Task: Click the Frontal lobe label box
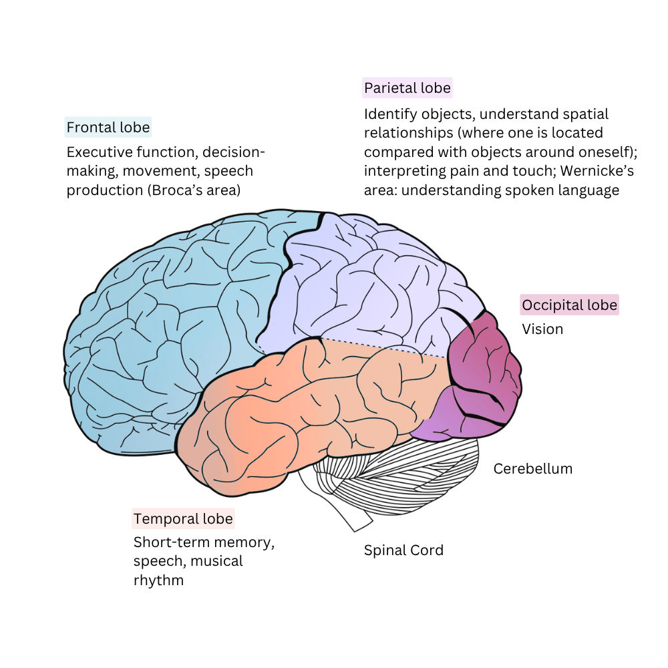coord(108,127)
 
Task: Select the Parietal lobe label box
coord(407,88)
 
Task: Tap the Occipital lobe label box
coord(570,306)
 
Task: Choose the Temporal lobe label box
coord(183,519)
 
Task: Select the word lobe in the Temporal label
coord(218,519)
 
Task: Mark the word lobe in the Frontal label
coord(135,127)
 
